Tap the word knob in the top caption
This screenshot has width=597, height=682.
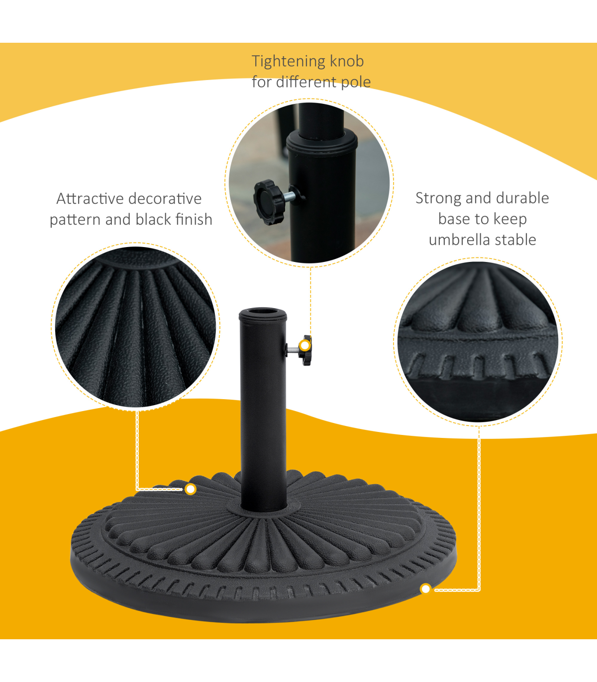[347, 61]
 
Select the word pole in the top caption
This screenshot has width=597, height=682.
[356, 83]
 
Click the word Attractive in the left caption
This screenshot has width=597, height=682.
[90, 199]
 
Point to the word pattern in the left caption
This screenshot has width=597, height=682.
[75, 220]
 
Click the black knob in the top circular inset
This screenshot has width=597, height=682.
[269, 202]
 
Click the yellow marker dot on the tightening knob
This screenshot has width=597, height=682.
[305, 345]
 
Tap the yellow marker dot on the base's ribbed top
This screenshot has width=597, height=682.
[191, 489]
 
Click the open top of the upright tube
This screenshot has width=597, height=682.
[263, 312]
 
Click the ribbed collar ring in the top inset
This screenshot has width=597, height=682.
[322, 143]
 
